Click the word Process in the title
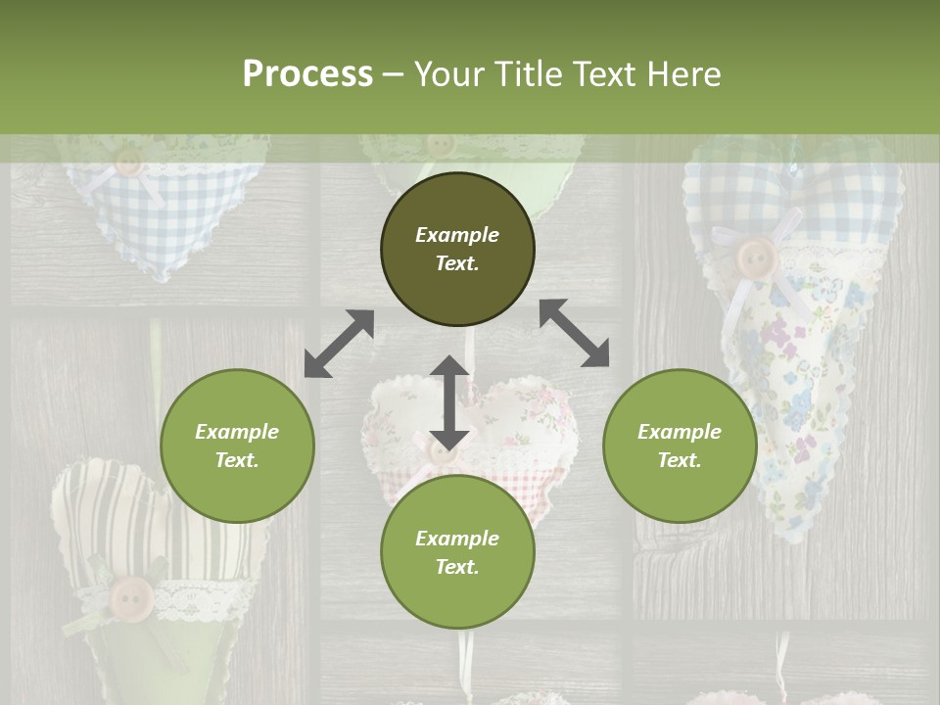(x=307, y=74)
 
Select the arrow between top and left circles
(x=339, y=344)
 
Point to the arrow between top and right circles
(x=574, y=333)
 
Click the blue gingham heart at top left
(x=162, y=215)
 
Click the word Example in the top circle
(x=457, y=235)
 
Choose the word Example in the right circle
(x=680, y=432)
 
